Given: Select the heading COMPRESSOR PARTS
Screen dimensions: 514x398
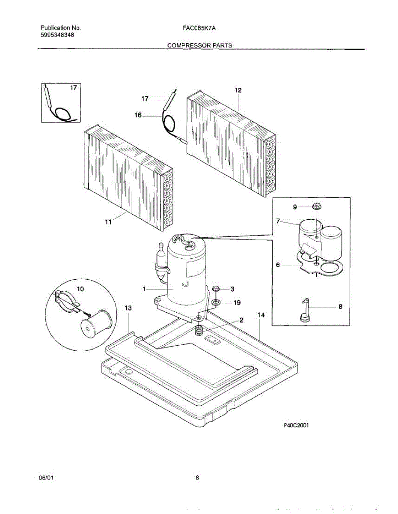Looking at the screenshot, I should pyautogui.click(x=199, y=45).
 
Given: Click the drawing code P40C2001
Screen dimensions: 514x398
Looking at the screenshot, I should pyautogui.click(x=296, y=425).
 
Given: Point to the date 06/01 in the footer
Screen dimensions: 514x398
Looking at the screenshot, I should pyautogui.click(x=45, y=478).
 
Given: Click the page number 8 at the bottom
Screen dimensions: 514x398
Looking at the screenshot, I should pyautogui.click(x=197, y=478).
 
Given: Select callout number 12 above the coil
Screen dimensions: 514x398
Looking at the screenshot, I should pyautogui.click(x=238, y=90).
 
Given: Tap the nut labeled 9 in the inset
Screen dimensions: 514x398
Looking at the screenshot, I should pyautogui.click(x=317, y=206).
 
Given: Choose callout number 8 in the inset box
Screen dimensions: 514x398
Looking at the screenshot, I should pyautogui.click(x=340, y=307).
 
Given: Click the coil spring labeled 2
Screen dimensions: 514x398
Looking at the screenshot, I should pyautogui.click(x=198, y=331).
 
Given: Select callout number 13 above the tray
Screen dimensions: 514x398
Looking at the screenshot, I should pyautogui.click(x=128, y=308).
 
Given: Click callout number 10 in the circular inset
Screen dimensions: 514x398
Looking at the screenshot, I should pyautogui.click(x=80, y=289).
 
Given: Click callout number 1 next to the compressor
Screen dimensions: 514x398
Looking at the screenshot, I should pyautogui.click(x=145, y=290).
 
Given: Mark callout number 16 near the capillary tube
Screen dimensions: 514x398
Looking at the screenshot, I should pyautogui.click(x=138, y=115).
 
